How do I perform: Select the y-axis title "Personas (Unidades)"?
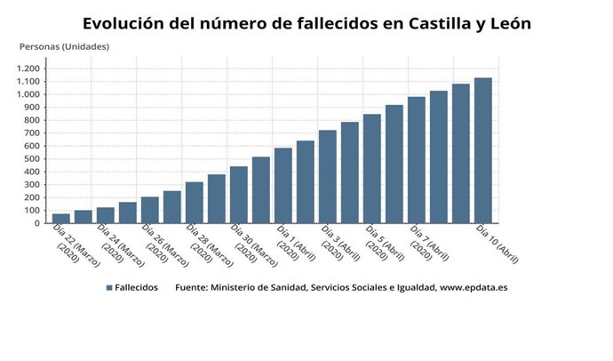(x=64, y=46)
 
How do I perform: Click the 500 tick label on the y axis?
(x=32, y=159)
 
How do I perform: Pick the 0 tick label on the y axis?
(x=37, y=223)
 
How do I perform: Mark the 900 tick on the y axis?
(x=32, y=108)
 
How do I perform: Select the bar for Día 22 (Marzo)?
(x=61, y=218)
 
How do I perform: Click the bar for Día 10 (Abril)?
(x=482, y=150)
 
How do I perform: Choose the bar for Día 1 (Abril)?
(x=283, y=185)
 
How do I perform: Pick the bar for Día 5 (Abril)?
(x=371, y=168)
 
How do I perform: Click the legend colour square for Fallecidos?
(x=109, y=288)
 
